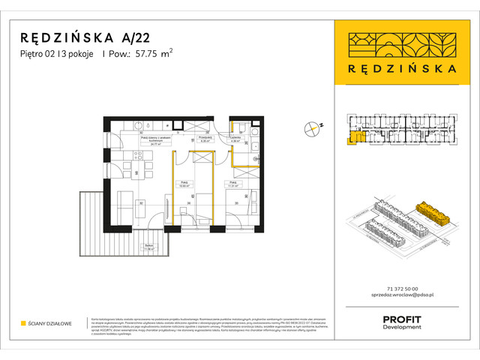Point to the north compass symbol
click(312, 128)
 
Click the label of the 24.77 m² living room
click(156, 139)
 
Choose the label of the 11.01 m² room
click(233, 183)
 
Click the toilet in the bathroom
click(256, 148)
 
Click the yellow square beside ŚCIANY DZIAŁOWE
click(23, 325)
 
